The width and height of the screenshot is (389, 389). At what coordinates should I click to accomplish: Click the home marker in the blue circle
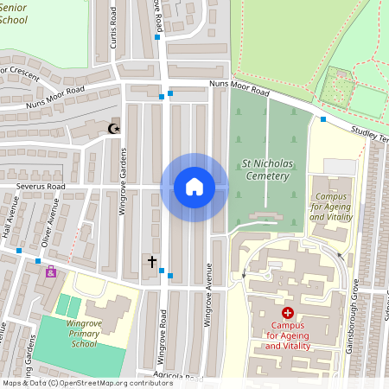(194, 187)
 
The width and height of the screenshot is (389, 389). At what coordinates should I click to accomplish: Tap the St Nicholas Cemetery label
(265, 168)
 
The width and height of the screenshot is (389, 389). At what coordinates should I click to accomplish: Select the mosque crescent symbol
(112, 129)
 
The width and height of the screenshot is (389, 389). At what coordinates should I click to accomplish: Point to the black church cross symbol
(152, 260)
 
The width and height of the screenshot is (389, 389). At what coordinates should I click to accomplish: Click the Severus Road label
(33, 186)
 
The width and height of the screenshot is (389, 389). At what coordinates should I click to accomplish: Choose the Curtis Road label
(111, 36)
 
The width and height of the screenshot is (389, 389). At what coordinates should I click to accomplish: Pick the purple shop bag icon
(51, 272)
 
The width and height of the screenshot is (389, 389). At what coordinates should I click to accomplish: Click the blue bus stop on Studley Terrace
(323, 119)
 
